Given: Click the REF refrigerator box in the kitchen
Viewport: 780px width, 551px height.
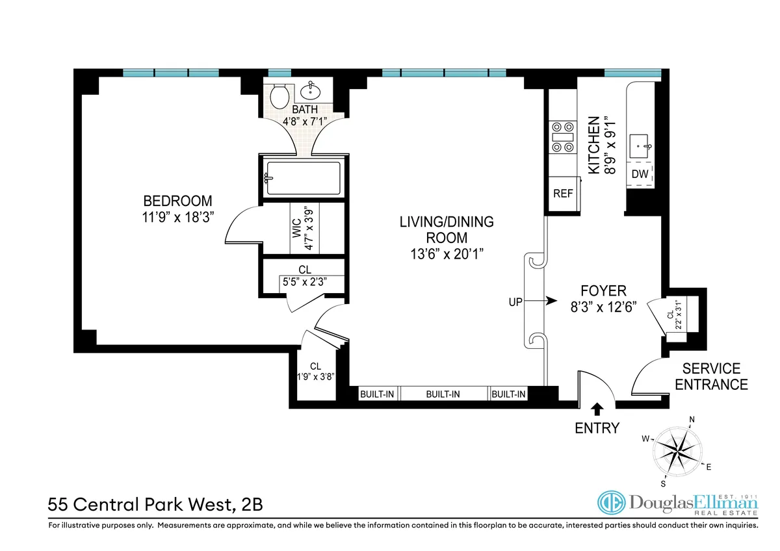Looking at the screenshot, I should [562, 194].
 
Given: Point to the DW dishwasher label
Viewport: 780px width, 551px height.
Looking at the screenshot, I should [640, 174].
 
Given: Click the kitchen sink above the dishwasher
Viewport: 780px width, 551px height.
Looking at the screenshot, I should [640, 144].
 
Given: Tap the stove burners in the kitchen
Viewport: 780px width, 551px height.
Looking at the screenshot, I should [562, 137].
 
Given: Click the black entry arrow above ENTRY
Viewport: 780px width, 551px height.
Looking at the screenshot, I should [597, 408].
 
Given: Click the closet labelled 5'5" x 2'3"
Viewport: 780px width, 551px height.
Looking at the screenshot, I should [303, 276].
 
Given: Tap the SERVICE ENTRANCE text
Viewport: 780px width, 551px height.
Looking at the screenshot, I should [711, 376].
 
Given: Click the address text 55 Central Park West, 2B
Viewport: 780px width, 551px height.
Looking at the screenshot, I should [156, 504].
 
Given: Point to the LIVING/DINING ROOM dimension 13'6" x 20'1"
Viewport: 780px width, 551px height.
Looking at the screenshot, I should [447, 253].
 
